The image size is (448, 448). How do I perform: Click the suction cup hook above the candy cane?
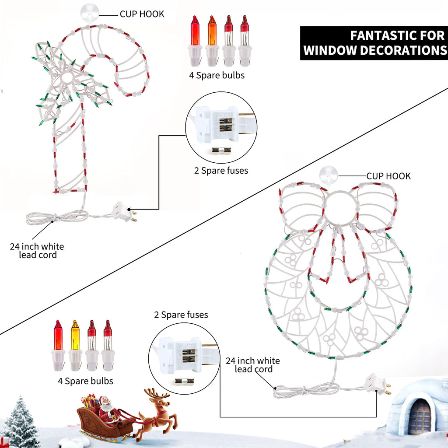point(89,14)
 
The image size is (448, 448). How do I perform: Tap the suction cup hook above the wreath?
point(329,175)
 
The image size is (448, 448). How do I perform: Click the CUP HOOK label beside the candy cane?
point(142,14)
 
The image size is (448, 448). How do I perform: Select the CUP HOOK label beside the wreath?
point(388,176)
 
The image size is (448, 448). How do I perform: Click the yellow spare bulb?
point(75,346)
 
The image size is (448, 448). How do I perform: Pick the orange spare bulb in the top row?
point(212,41)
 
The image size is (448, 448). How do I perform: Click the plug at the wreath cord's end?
point(377,384)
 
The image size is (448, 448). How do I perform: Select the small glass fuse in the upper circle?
point(221,150)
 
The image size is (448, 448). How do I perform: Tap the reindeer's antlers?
point(157,393)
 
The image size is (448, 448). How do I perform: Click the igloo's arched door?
point(420,416)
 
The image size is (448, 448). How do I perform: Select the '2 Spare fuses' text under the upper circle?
point(221,171)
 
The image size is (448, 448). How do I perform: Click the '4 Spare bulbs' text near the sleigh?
point(85,381)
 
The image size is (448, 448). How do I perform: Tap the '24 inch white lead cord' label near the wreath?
point(253,365)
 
